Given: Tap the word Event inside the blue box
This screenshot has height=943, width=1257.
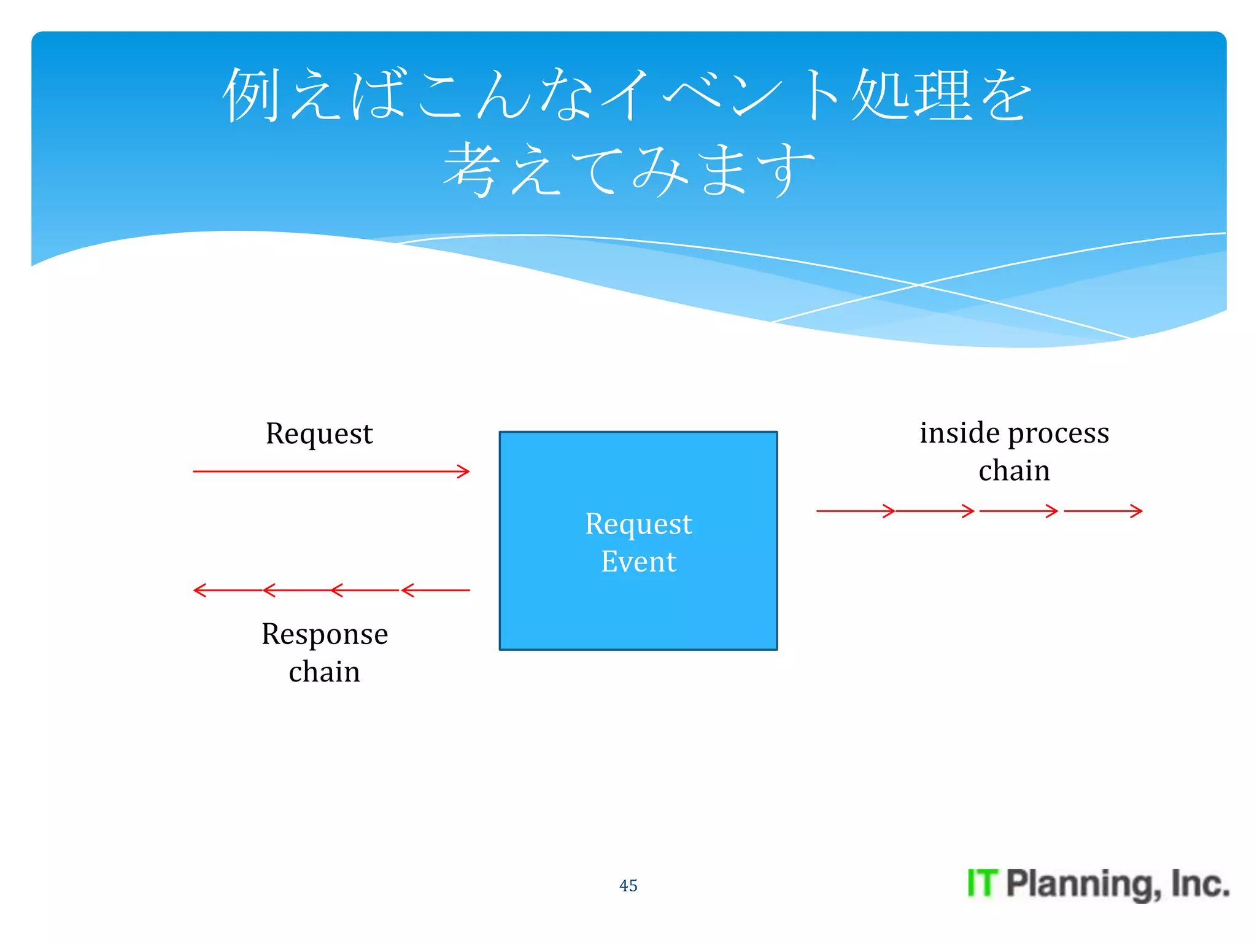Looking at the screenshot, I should pos(638,562).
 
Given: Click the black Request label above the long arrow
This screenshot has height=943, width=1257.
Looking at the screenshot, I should pos(319,434).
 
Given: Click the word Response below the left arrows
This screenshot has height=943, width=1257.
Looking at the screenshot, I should pos(325,634).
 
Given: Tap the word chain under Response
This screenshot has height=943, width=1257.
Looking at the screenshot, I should pos(325,672).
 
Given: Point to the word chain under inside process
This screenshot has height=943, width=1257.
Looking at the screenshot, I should pos(1014,471).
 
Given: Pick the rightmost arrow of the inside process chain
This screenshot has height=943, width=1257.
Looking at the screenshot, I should pos(1103,511).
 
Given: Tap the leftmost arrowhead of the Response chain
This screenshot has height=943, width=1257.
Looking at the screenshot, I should pos(199,590).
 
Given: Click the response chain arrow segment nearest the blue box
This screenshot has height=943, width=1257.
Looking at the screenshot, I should pos(436,590).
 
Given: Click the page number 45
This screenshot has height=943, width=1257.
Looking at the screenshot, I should pos(628,885).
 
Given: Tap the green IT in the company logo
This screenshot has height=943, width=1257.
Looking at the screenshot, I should pos(983,883).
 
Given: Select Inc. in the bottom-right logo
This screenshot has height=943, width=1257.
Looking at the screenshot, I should pos(1199,883).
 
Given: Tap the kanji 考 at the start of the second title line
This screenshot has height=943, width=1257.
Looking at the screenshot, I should pos(470,169).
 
